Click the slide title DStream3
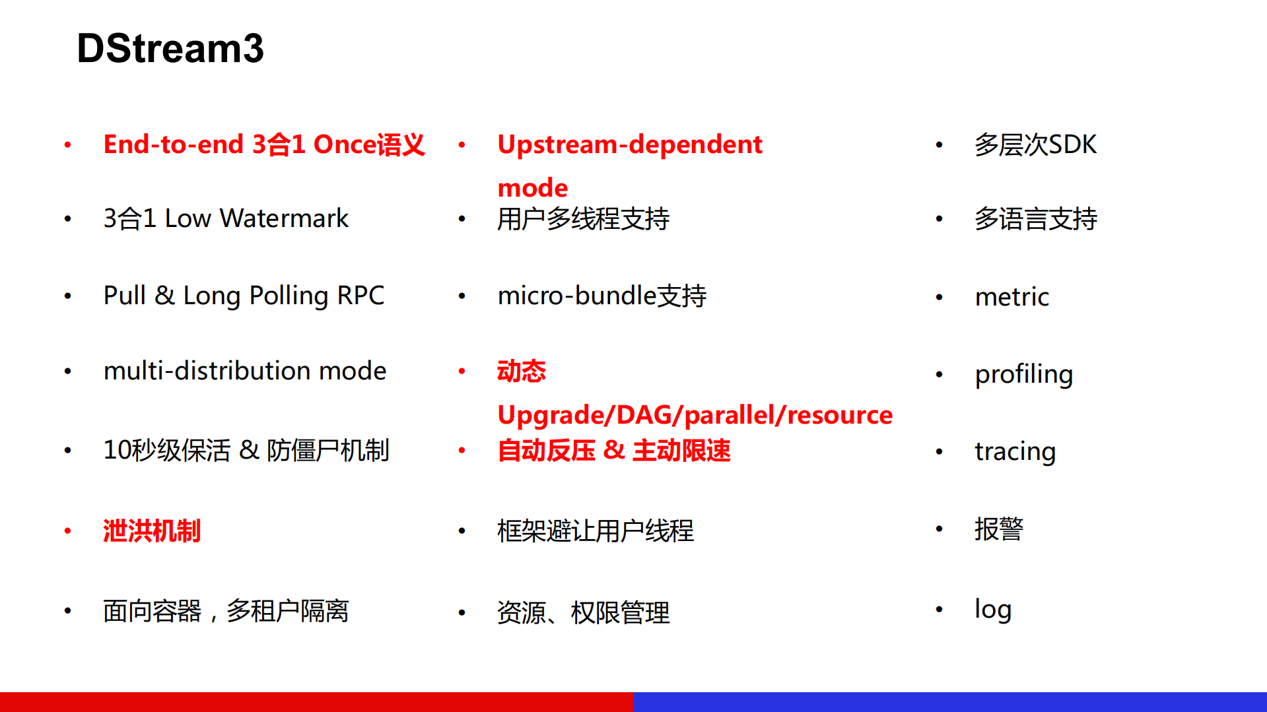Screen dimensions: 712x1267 click(170, 48)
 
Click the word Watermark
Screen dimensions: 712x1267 click(284, 218)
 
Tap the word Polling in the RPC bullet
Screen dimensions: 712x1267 click(289, 296)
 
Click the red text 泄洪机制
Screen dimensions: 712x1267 click(151, 531)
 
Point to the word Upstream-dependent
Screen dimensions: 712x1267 click(629, 145)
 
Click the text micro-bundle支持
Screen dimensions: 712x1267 click(601, 296)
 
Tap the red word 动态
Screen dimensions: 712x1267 click(521, 372)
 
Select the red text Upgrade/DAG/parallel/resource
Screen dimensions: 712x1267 click(695, 415)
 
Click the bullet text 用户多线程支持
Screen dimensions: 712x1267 click(583, 219)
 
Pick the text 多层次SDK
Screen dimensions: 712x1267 click(1035, 145)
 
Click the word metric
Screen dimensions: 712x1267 click(1011, 297)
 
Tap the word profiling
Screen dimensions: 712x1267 click(1023, 374)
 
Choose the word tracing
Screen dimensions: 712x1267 click(1015, 451)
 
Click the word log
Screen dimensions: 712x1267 click(992, 609)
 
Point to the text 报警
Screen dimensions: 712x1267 click(998, 529)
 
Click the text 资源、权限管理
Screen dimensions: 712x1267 click(583, 613)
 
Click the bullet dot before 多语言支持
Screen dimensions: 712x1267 click(939, 219)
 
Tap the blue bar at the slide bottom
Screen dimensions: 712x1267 click(949, 701)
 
